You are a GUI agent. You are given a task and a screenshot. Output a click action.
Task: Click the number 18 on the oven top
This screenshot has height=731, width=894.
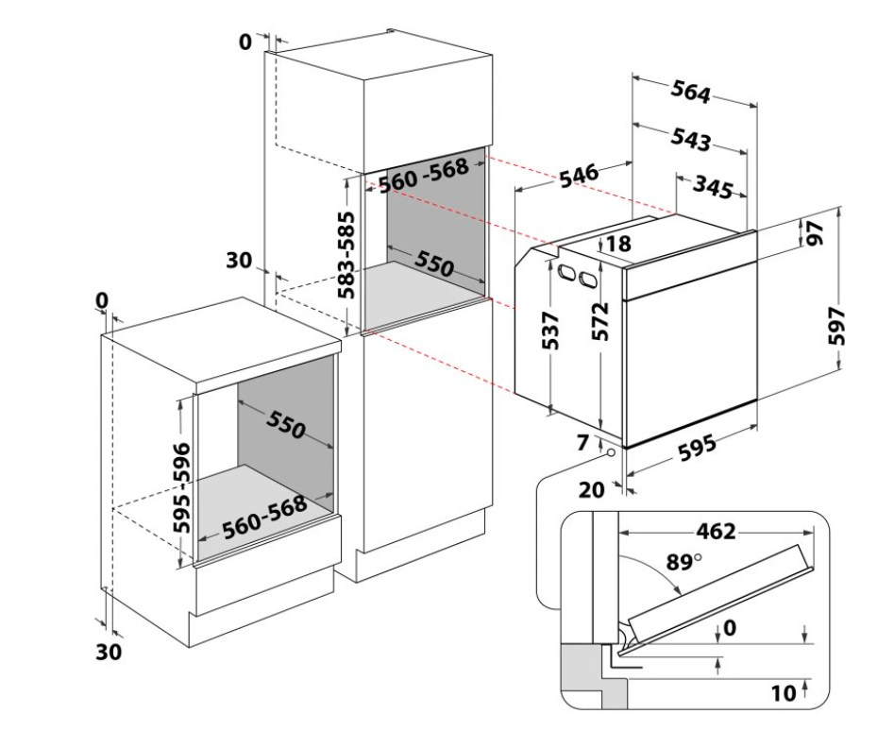pos(617,244)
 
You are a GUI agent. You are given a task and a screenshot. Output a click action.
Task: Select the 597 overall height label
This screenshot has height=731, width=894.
pos(844,325)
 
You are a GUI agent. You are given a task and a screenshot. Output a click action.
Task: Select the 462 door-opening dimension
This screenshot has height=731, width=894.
pos(717,531)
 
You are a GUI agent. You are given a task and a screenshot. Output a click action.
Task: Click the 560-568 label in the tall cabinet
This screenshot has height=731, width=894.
pos(423,175)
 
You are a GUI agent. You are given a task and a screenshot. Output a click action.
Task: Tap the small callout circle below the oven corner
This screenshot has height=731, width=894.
pos(613,453)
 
